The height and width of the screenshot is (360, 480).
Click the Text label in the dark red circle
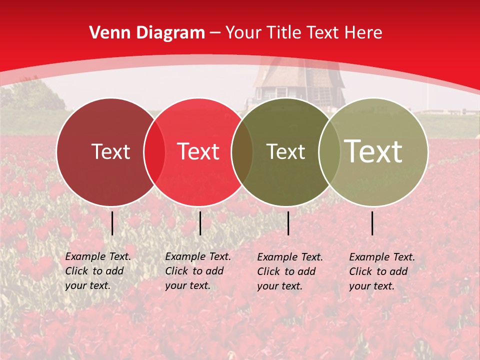click(x=110, y=151)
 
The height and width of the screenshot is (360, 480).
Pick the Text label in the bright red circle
click(x=198, y=151)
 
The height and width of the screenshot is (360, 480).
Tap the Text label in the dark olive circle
click(x=285, y=151)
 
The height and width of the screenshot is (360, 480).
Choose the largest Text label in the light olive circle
click(x=373, y=151)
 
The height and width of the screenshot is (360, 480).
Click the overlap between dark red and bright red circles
click(x=154, y=152)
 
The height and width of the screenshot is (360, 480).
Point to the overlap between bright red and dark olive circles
click(x=242, y=152)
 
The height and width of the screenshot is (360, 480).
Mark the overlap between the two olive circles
click(x=328, y=152)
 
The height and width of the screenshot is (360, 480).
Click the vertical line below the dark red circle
click(x=112, y=223)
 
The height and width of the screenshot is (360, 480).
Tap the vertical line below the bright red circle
click(x=200, y=223)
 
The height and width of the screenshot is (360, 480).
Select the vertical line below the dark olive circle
click(x=288, y=223)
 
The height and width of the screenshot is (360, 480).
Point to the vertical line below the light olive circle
click(x=372, y=223)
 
